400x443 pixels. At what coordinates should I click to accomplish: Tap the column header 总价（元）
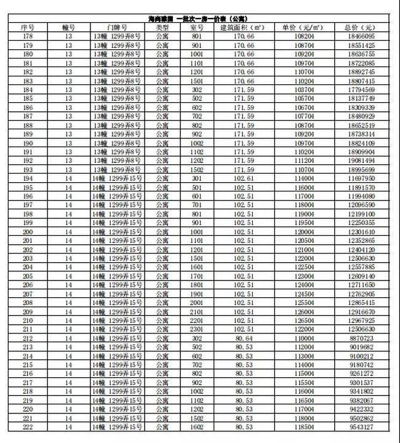point(361,28)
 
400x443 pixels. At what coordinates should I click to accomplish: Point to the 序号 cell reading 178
point(27,37)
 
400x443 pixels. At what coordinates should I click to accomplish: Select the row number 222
point(27,426)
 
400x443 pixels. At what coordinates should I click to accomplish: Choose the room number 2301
point(197,329)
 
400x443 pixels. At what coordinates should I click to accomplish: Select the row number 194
point(27,178)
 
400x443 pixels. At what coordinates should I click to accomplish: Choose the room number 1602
point(197,426)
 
